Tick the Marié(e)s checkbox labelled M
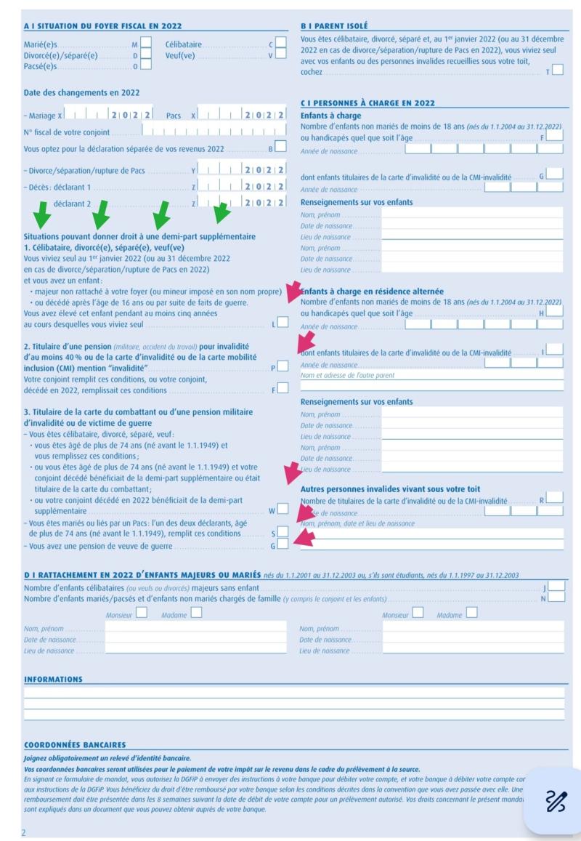(x=146, y=43)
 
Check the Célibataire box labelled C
(x=280, y=43)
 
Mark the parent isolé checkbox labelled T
(x=557, y=71)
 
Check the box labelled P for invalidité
(x=283, y=365)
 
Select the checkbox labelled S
(x=283, y=533)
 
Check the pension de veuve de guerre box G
(x=283, y=544)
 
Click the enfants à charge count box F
(x=554, y=135)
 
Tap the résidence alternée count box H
(x=554, y=311)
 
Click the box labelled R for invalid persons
(x=554, y=498)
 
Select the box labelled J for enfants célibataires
(x=556, y=586)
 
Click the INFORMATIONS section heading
(x=53, y=680)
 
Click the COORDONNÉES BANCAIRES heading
(x=76, y=744)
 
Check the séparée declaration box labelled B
(x=280, y=148)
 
